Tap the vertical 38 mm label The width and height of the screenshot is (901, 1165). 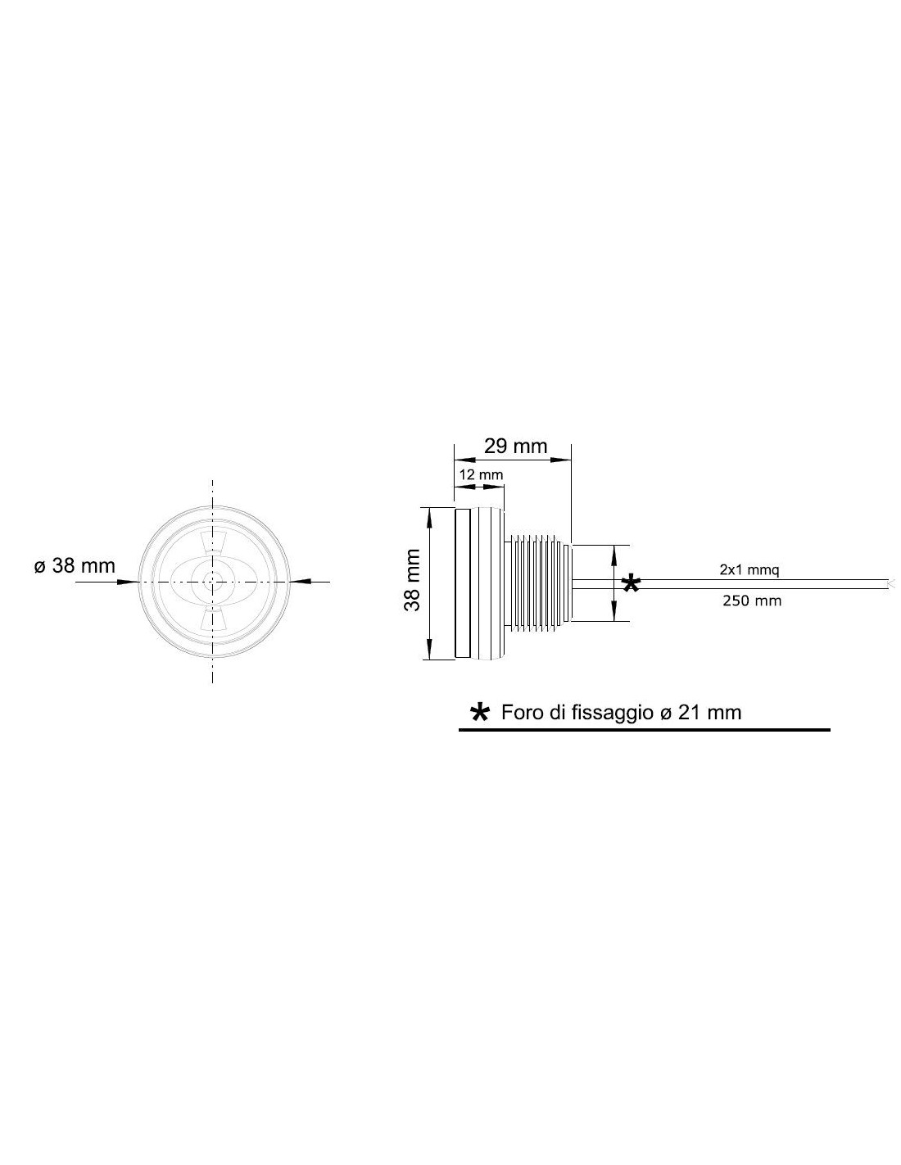pyautogui.click(x=412, y=580)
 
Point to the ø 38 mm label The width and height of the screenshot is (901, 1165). pyautogui.click(x=75, y=565)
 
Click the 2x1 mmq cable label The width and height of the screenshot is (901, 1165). pyautogui.click(x=749, y=570)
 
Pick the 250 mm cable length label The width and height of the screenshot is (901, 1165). pyautogui.click(x=751, y=601)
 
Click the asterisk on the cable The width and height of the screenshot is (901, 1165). pyautogui.click(x=632, y=583)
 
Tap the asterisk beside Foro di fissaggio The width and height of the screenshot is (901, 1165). pyautogui.click(x=479, y=713)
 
